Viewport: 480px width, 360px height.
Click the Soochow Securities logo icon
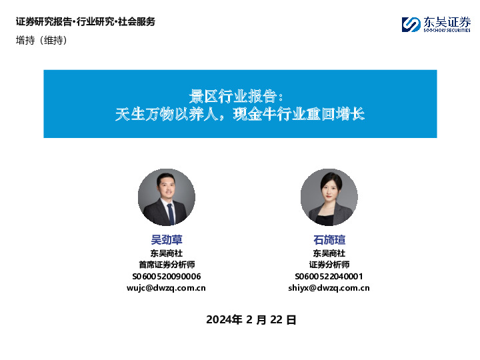(x=411, y=25)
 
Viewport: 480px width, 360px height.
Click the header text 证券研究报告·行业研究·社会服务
(x=85, y=22)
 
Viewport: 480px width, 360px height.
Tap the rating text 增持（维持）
(x=41, y=40)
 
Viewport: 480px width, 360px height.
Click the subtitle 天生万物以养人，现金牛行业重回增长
(x=240, y=113)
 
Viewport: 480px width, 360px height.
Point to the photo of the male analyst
(x=167, y=197)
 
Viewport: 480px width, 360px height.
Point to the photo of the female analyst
(x=329, y=197)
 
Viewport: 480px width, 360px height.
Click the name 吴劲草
(x=167, y=240)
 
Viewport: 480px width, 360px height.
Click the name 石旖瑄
(x=329, y=240)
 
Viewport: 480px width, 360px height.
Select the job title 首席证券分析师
(x=167, y=265)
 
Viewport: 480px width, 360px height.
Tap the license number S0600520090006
(x=167, y=276)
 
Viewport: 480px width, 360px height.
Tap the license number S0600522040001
(x=329, y=276)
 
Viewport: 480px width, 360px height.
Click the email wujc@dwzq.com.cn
(x=167, y=288)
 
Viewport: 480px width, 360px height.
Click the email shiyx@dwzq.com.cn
(x=329, y=288)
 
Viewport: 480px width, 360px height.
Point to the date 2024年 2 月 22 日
(x=251, y=319)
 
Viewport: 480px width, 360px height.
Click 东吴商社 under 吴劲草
(x=167, y=253)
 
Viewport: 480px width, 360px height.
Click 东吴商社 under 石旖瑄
(x=329, y=253)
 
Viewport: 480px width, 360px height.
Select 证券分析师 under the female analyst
(x=329, y=265)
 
